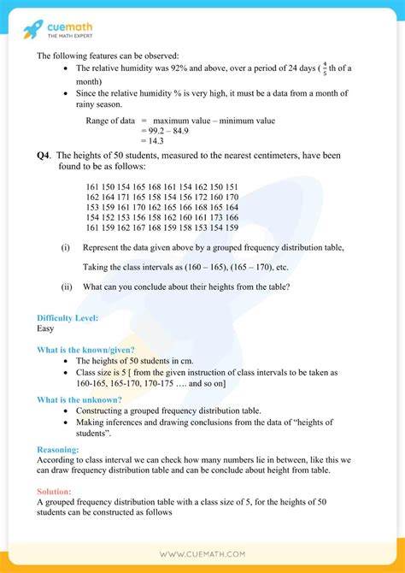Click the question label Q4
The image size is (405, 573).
(45, 155)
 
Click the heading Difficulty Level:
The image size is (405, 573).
(67, 317)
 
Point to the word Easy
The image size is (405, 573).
(46, 328)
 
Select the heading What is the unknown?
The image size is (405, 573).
(79, 399)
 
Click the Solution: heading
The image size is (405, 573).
(56, 492)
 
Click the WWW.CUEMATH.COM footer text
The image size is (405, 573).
(202, 554)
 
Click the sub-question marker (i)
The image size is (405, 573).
(65, 247)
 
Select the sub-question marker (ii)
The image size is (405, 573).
(66, 286)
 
